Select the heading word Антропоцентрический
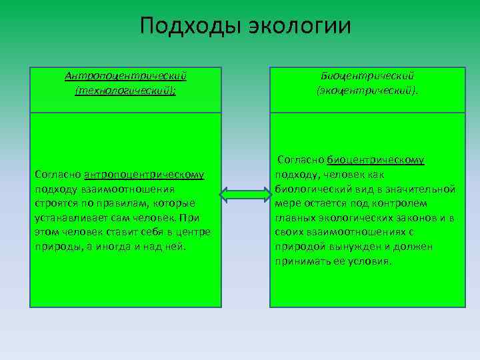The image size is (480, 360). point(125,75)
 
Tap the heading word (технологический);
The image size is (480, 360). point(125,89)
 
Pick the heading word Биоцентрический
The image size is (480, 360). point(368,75)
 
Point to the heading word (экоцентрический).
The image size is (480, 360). point(368,89)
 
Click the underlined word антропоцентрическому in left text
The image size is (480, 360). point(144,175)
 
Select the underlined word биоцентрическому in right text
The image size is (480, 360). point(376,160)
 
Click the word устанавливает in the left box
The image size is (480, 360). point(67,218)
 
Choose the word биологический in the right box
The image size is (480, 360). point(308,189)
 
